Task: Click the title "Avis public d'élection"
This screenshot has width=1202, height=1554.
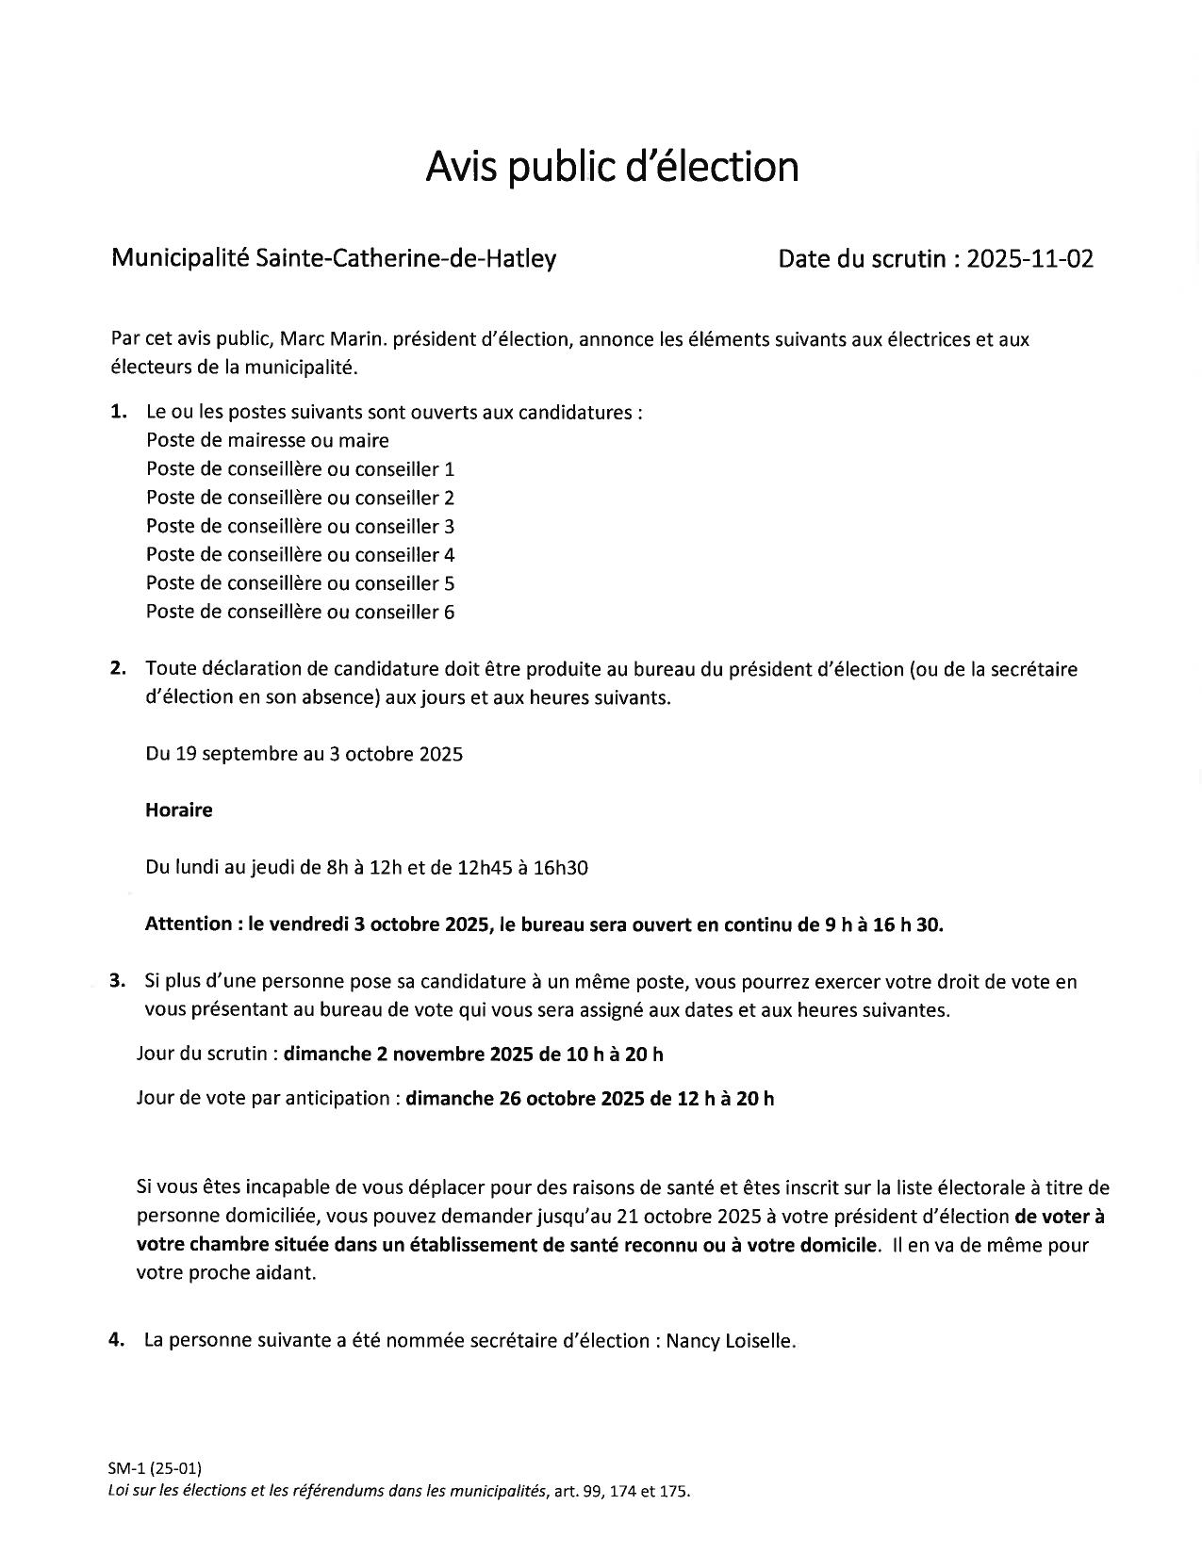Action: (x=612, y=166)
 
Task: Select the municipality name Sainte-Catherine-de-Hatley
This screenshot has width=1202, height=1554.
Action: (x=405, y=258)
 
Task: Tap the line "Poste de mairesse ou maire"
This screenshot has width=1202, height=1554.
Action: (x=267, y=441)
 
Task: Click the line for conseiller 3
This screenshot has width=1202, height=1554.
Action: (x=300, y=527)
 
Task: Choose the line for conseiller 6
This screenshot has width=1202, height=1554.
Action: (x=300, y=613)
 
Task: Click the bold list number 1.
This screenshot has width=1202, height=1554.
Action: (x=118, y=412)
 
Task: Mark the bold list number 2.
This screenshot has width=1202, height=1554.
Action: (x=118, y=669)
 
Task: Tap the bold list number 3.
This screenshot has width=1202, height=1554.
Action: (x=117, y=981)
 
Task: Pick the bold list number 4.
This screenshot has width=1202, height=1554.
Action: (x=117, y=1340)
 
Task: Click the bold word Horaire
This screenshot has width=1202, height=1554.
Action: (x=179, y=810)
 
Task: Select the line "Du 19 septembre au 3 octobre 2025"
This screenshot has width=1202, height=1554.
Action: (x=304, y=754)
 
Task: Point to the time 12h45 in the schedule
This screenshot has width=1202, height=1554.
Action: (x=485, y=868)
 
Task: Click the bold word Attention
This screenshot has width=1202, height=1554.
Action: (x=189, y=924)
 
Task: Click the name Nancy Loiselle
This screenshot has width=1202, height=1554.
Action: (x=730, y=1341)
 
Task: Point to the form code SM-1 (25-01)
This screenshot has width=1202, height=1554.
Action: (x=155, y=1468)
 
